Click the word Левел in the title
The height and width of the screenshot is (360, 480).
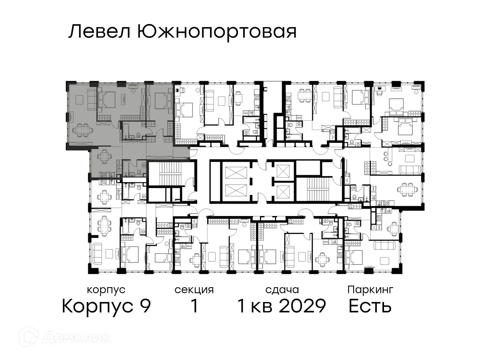[99, 32]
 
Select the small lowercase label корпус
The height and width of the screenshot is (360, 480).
[106, 290]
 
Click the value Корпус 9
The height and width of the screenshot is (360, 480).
[106, 306]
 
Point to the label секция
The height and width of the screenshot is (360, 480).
[194, 290]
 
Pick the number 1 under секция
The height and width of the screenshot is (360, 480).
[194, 306]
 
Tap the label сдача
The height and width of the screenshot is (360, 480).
[282, 290]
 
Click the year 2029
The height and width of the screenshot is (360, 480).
[302, 306]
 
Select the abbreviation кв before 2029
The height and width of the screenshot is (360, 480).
[262, 306]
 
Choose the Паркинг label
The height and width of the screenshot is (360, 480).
[370, 290]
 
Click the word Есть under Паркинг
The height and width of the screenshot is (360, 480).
[370, 306]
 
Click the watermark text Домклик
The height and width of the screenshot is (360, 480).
[76, 337]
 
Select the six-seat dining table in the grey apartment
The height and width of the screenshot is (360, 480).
[82, 129]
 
